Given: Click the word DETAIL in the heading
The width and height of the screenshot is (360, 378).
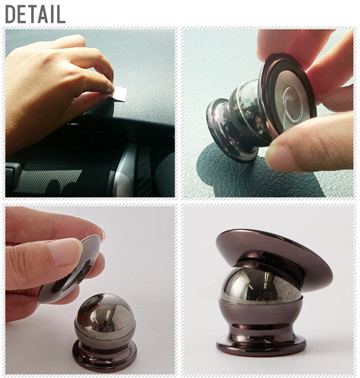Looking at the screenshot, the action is pyautogui.click(x=35, y=14).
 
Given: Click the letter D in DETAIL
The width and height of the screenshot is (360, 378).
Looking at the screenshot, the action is pyautogui.click(x=11, y=14).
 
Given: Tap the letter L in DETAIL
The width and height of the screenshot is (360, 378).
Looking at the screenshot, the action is pyautogui.click(x=61, y=14).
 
